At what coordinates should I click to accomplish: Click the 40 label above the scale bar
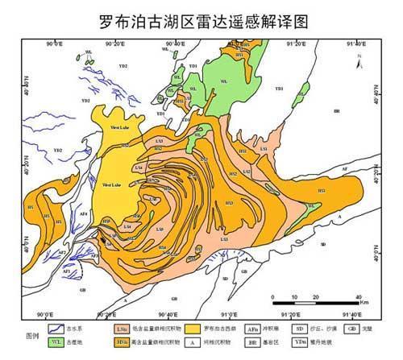(356, 293)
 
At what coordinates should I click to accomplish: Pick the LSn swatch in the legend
(122, 329)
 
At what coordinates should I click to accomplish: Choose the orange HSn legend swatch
(122, 342)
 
